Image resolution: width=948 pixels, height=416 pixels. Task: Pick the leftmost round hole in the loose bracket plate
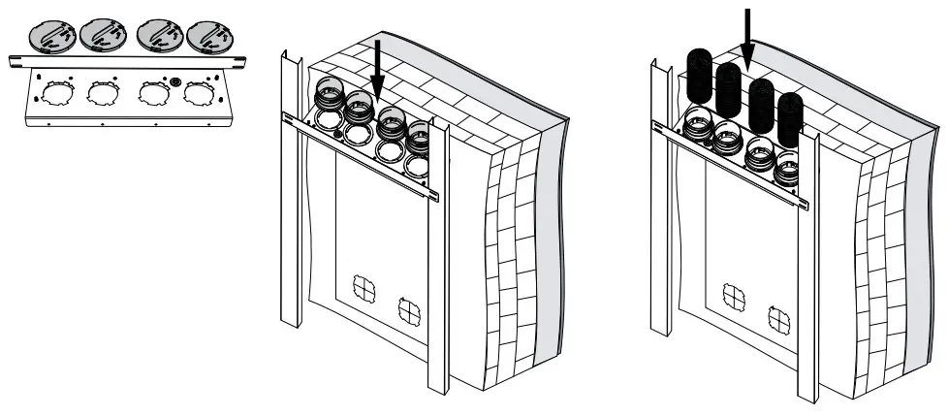pyautogui.click(x=47, y=94)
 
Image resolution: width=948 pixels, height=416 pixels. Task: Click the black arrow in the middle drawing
pyautogui.click(x=377, y=73)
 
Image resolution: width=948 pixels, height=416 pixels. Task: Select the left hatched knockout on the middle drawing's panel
pyautogui.click(x=363, y=287)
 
